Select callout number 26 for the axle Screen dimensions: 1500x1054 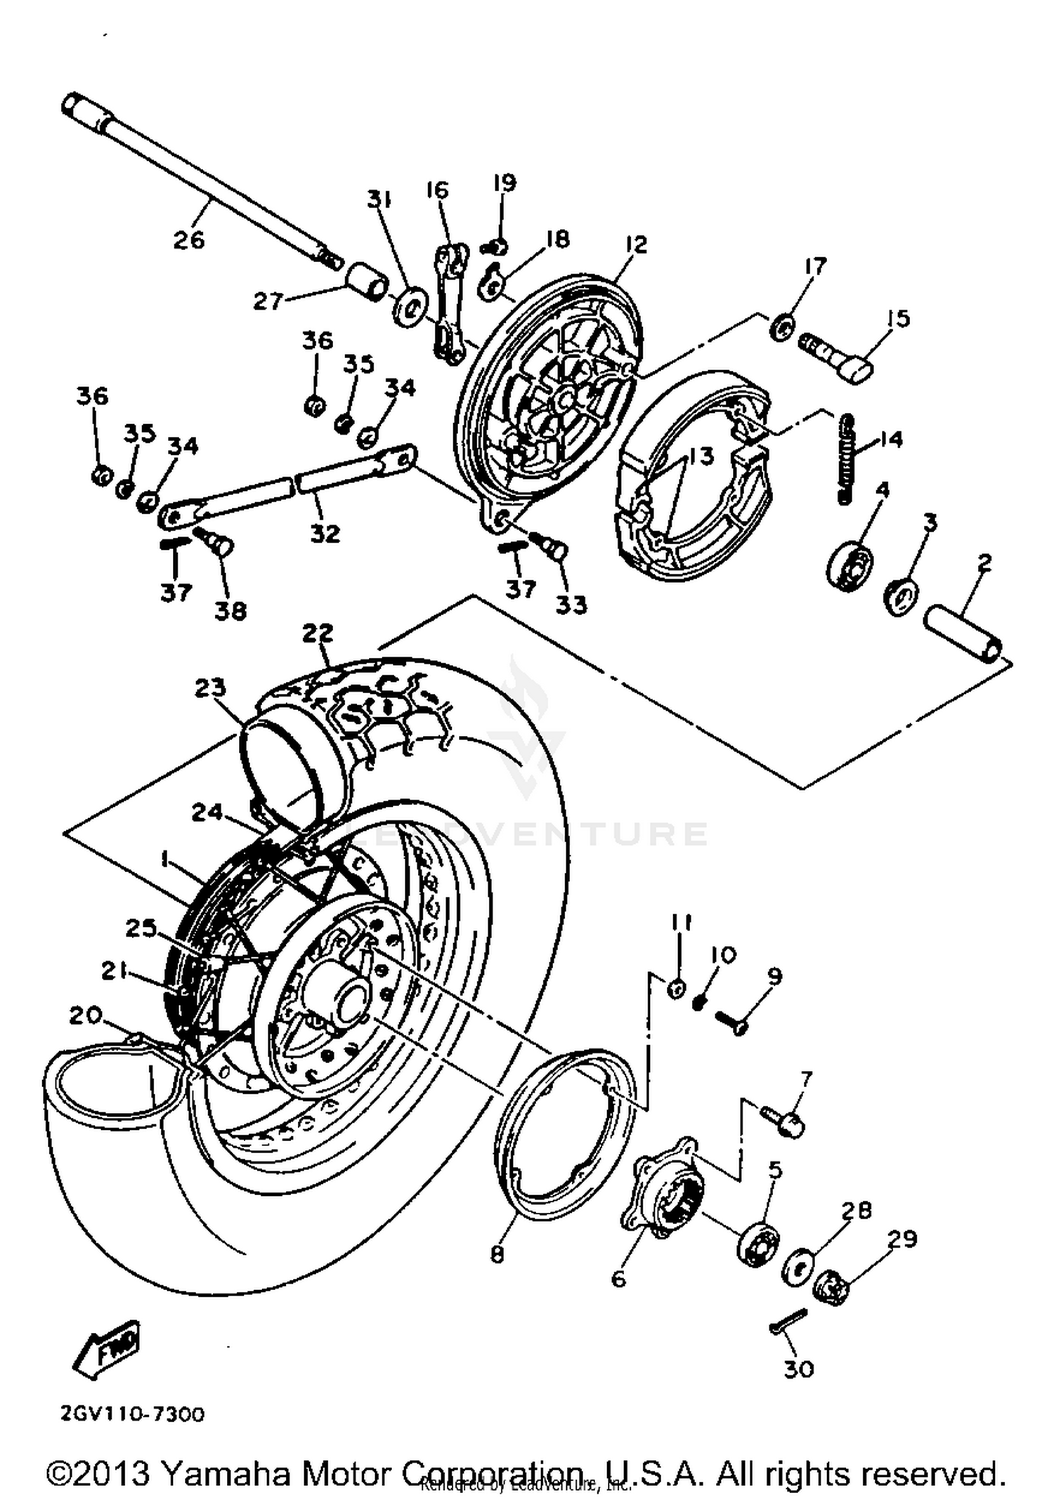click(x=189, y=239)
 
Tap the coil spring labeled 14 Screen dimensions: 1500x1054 click(x=846, y=457)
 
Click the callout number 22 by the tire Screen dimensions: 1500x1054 click(x=318, y=633)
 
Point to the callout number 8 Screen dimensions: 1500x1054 click(x=497, y=1254)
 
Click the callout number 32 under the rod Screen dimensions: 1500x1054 click(x=325, y=533)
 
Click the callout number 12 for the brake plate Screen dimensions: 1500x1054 click(x=635, y=244)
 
